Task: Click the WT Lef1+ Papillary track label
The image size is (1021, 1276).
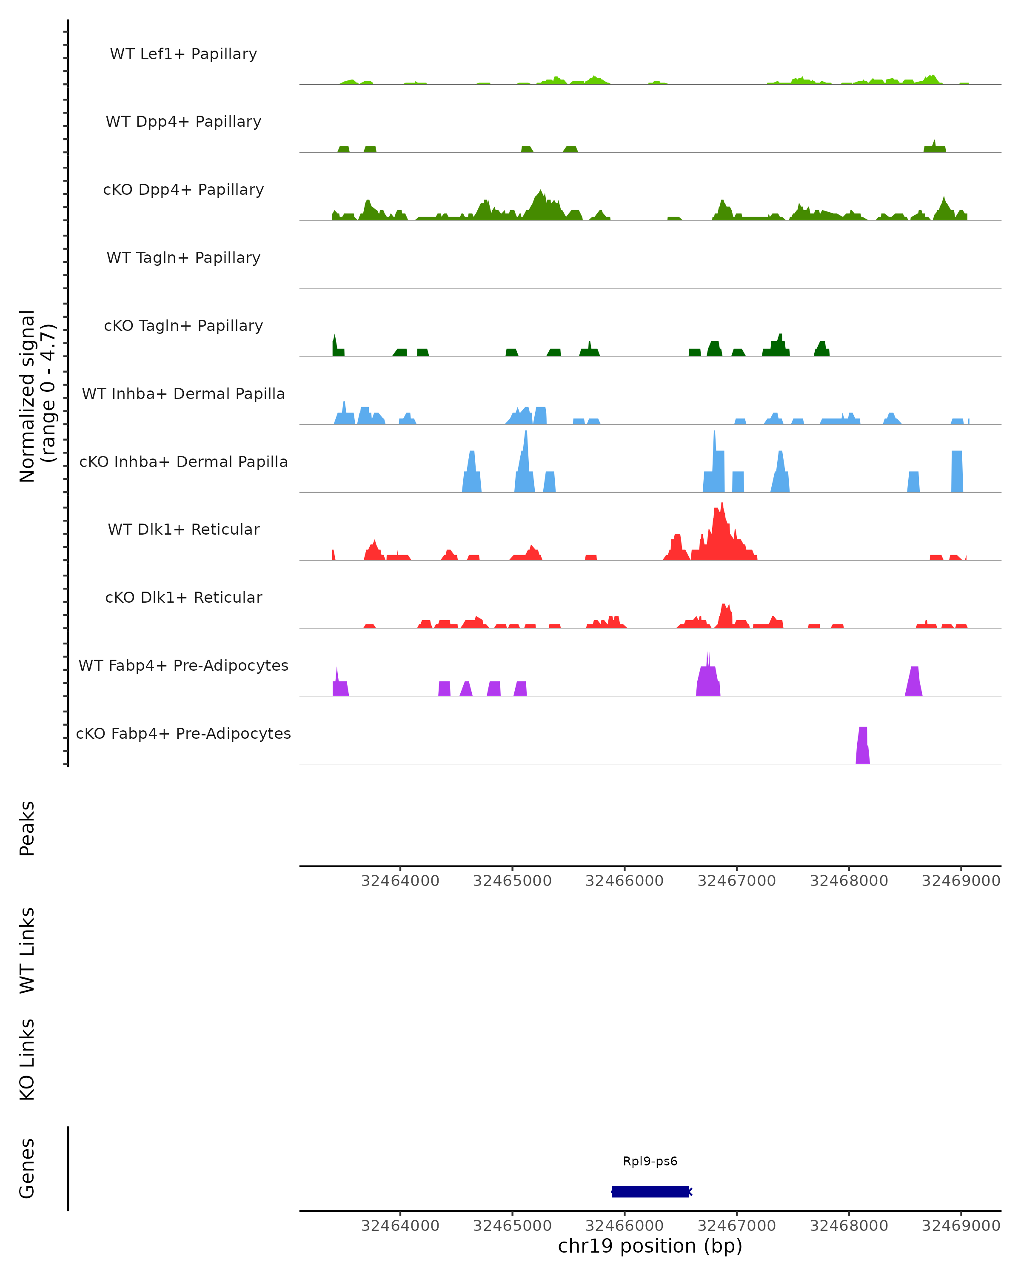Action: click(x=183, y=54)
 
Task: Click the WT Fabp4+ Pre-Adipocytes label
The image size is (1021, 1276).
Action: click(x=183, y=665)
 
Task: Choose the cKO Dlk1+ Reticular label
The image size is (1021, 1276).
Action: click(x=183, y=597)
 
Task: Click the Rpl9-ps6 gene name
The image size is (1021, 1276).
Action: click(x=650, y=1161)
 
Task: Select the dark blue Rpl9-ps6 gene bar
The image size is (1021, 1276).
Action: click(x=650, y=1191)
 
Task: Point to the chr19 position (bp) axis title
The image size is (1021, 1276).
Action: click(x=650, y=1246)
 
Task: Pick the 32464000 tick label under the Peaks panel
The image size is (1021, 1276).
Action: click(x=400, y=881)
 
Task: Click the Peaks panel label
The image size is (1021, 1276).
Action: click(x=27, y=829)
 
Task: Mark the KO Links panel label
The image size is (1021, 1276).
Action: click(x=27, y=1060)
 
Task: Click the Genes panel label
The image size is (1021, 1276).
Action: click(x=27, y=1168)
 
